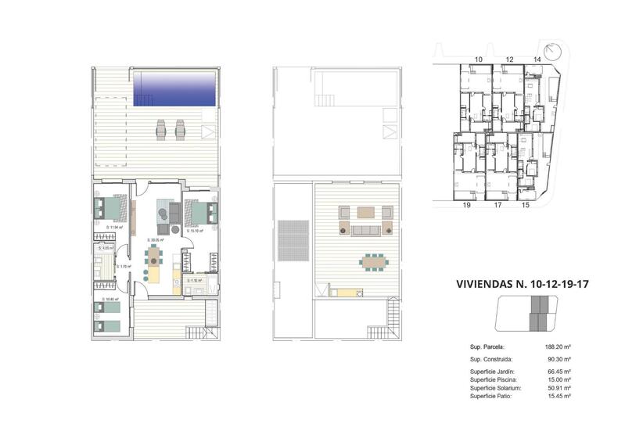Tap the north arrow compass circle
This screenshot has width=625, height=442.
point(554,52)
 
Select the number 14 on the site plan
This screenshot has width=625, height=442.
point(537,59)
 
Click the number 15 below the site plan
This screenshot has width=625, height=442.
point(526,206)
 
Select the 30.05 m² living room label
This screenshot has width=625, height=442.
point(155,240)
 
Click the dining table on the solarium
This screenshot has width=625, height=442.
point(372,261)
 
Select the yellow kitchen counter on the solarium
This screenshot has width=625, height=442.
point(347,293)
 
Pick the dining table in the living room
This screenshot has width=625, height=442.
point(155,256)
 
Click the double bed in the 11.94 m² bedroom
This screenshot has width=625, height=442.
point(108,209)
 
